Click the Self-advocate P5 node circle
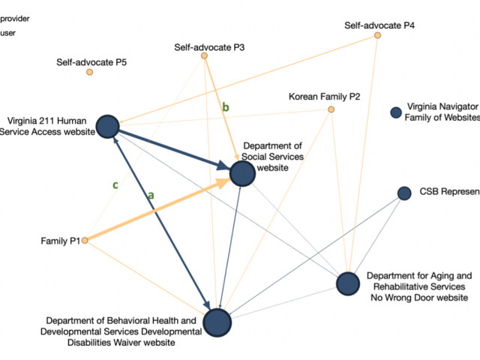(89, 72)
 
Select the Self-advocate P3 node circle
(204, 56)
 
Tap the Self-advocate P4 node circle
(377, 35)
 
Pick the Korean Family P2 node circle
(331, 109)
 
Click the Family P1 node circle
(85, 241)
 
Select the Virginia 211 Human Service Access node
(108, 127)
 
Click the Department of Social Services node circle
(241, 173)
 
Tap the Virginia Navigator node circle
(396, 112)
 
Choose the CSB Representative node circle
(404, 193)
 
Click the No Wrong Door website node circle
(348, 283)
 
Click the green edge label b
(225, 107)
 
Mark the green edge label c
(115, 184)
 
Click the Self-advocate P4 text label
(379, 25)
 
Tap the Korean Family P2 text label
(324, 97)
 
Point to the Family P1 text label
(60, 241)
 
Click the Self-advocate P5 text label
(91, 61)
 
